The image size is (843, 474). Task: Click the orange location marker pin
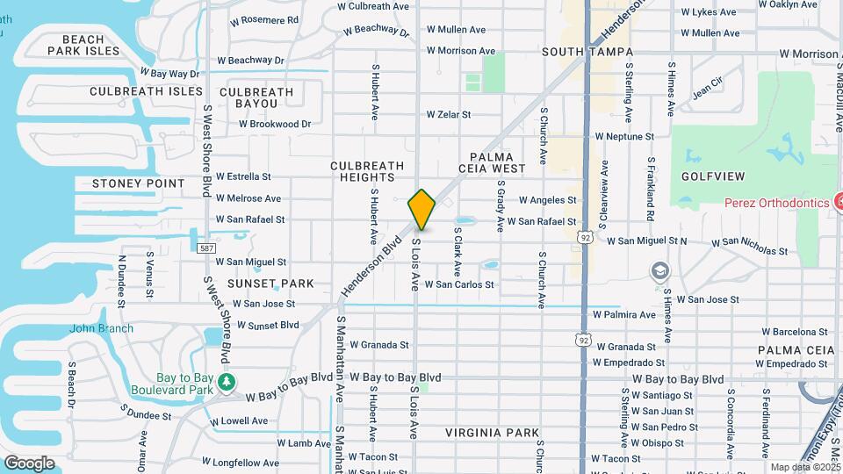coord(421,209)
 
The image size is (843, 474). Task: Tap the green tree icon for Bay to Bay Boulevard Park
coord(227,381)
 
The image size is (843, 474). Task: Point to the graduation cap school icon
coord(659,271)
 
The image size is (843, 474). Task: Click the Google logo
coord(29,463)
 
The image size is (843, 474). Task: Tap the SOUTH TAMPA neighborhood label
coord(575,53)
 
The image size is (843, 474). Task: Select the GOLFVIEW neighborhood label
coord(712,176)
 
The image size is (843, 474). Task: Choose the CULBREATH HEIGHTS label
coord(367,171)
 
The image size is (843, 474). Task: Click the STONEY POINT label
coord(139,183)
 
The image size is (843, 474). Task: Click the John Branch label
coord(102,329)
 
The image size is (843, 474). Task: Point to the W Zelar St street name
coord(449,114)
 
